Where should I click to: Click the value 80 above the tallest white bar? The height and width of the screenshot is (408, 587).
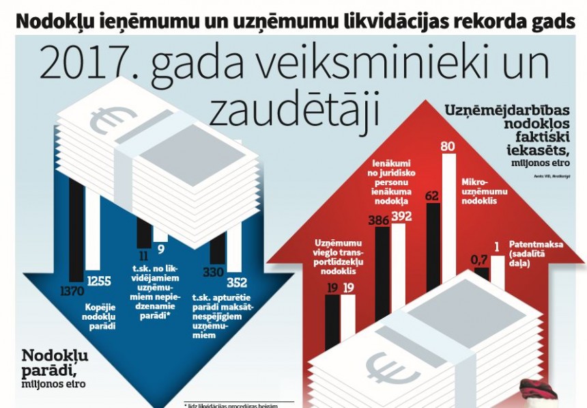pyautogui.click(x=448, y=146)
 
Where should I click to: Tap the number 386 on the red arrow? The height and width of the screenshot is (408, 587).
pyautogui.click(x=380, y=221)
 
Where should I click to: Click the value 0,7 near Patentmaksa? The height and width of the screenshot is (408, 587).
pyautogui.click(x=479, y=260)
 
